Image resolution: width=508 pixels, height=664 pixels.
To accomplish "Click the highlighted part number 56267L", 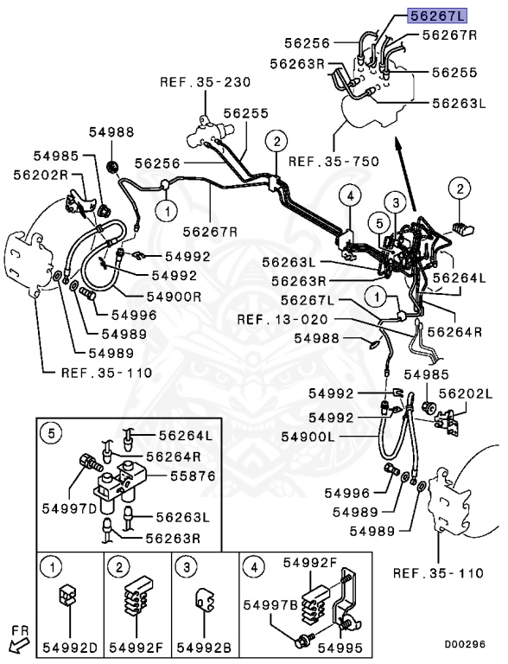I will point(437,15).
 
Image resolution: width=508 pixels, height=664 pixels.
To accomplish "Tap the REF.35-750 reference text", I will point(322,160).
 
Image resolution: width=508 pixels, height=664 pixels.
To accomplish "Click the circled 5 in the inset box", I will point(53,434).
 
